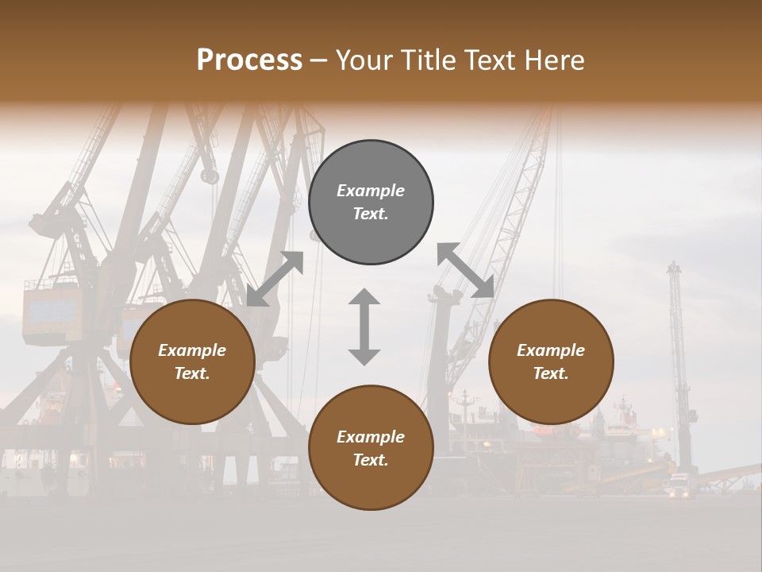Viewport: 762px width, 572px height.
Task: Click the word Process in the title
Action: [x=249, y=60]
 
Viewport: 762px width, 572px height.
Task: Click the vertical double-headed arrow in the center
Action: [x=364, y=327]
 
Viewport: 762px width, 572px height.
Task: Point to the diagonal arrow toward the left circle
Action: [x=275, y=279]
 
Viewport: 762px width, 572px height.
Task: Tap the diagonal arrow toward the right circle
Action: [x=465, y=271]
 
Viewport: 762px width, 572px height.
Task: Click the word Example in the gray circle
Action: [x=371, y=191]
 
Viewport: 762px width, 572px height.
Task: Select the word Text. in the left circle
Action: [x=192, y=373]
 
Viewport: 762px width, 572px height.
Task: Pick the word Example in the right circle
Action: [x=551, y=350]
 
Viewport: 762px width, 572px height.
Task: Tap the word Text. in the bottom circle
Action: [x=371, y=460]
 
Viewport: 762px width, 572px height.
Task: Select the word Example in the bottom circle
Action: [x=371, y=437]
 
